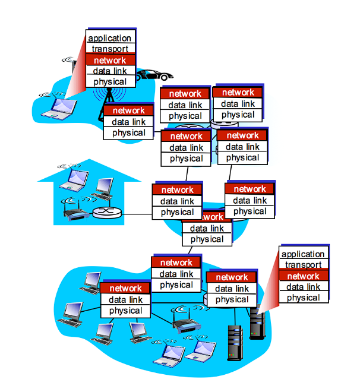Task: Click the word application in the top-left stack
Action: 110,39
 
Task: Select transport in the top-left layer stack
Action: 110,49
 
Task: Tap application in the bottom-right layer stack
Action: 303,255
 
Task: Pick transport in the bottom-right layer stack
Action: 303,265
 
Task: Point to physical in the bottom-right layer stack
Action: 303,298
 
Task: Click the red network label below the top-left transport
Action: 110,60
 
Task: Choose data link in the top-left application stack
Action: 110,71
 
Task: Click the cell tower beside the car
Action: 108,95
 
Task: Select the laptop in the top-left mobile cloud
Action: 61,108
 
